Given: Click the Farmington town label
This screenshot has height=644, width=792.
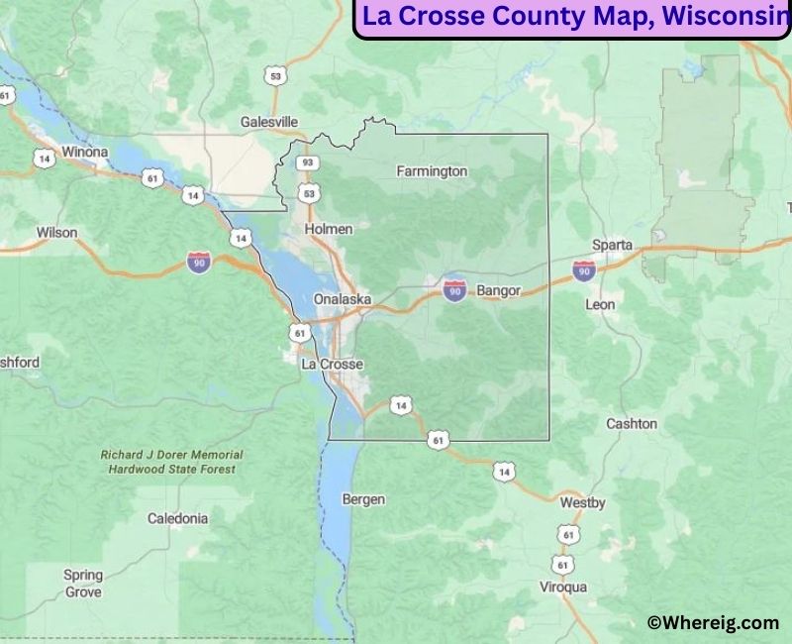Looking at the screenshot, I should click(x=432, y=171).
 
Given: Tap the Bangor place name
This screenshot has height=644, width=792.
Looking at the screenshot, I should click(x=498, y=290).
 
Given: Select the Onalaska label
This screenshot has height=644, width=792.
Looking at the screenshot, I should click(x=342, y=299).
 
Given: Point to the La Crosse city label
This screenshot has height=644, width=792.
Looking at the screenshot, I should click(x=332, y=365).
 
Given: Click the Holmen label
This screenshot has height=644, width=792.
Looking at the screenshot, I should click(x=329, y=229).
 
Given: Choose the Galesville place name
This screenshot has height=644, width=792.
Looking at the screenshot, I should click(x=269, y=122).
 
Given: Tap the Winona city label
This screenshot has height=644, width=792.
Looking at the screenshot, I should click(x=84, y=153).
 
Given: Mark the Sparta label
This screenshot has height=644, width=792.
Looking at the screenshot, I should click(x=612, y=245).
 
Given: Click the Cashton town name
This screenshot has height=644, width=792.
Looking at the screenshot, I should click(x=631, y=423).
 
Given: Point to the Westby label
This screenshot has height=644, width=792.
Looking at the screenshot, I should click(x=582, y=503).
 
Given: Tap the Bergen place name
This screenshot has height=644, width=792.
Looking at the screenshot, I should click(x=363, y=499).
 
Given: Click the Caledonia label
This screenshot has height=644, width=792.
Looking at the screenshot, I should click(x=178, y=518).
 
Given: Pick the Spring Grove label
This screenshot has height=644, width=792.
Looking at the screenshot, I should click(x=83, y=584).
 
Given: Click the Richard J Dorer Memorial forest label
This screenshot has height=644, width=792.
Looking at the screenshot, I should click(x=172, y=462).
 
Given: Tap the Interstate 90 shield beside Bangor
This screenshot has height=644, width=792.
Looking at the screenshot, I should click(x=454, y=290).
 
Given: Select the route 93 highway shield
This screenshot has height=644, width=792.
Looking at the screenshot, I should click(x=309, y=162).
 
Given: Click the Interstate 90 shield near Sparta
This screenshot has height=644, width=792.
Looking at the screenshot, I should click(x=584, y=269).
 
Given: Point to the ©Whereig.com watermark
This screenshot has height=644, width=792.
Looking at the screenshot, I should click(x=713, y=622).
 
